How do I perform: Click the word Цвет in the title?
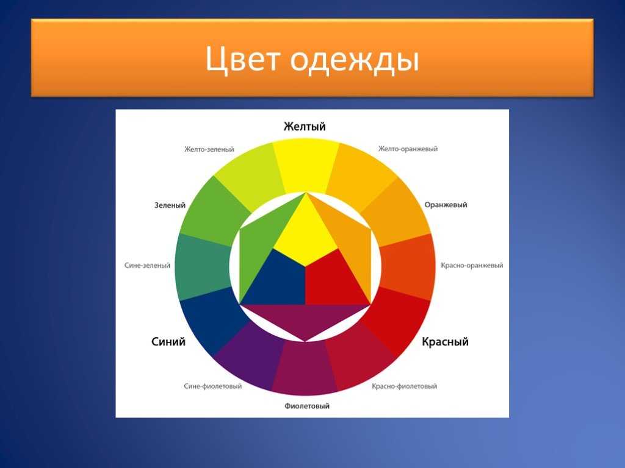tap(242, 59)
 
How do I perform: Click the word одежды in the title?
tap(355, 60)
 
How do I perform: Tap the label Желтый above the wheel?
tap(305, 127)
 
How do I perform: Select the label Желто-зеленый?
tap(209, 149)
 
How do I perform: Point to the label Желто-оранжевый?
tap(408, 149)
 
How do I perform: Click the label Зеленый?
tap(170, 205)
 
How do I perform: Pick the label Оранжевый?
tap(446, 205)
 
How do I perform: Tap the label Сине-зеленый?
tap(147, 266)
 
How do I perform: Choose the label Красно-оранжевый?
tap(472, 266)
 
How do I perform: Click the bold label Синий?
tap(168, 341)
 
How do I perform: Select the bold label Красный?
tap(445, 342)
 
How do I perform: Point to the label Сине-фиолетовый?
tap(212, 386)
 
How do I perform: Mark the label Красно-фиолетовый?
tap(404, 386)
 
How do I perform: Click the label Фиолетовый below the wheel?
tap(307, 406)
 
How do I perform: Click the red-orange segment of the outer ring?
tap(408, 266)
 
